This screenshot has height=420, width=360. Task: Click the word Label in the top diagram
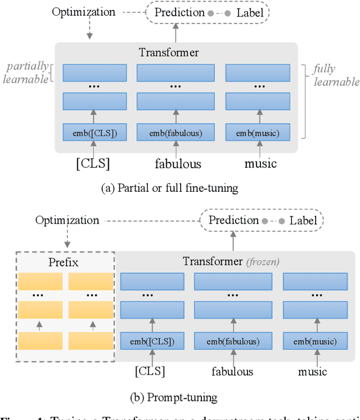click(x=249, y=11)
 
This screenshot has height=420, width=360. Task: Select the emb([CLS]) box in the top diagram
click(x=95, y=134)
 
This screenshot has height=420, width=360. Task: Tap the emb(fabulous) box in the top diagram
click(x=176, y=134)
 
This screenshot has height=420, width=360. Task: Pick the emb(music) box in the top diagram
click(x=258, y=134)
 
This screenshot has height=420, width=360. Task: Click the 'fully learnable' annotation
click(x=335, y=75)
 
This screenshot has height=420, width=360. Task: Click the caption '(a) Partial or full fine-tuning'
click(x=169, y=188)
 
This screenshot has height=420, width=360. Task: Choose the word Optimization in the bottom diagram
click(x=67, y=220)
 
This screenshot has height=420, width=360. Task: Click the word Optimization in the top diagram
click(x=83, y=11)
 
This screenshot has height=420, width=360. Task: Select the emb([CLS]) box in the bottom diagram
click(x=152, y=341)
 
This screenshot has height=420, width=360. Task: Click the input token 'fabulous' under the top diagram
click(x=178, y=164)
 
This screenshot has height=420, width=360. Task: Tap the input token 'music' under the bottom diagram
click(x=313, y=371)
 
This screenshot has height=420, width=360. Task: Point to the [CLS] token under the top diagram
click(x=93, y=164)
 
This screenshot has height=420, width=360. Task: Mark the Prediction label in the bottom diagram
click(x=233, y=220)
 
